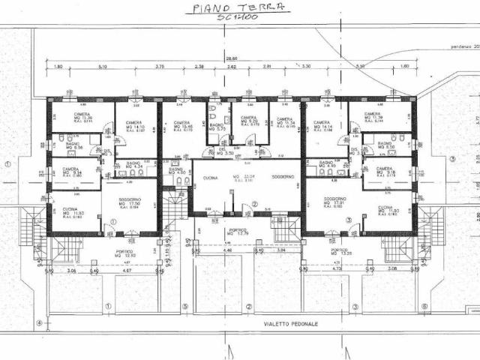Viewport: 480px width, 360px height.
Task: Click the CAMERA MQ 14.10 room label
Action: pyautogui.click(x=134, y=125)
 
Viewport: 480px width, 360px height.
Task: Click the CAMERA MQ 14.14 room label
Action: pyautogui.click(x=322, y=126)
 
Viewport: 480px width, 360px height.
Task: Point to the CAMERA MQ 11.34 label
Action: pyautogui.click(x=284, y=122)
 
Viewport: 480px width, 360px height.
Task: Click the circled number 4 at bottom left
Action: pyautogui.click(x=39, y=324)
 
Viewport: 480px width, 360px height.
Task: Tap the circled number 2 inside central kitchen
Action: pyautogui.click(x=254, y=204)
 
